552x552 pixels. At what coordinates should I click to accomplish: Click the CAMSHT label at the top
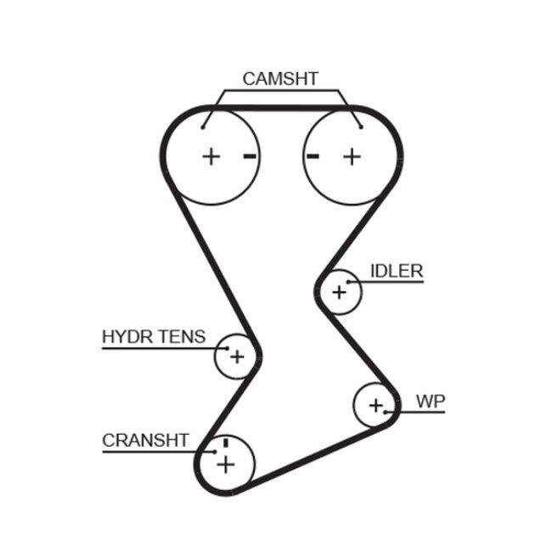(280, 79)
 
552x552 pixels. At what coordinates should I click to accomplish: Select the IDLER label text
(396, 271)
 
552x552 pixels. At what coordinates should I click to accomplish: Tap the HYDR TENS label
(154, 336)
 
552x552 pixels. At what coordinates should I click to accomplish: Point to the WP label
(431, 402)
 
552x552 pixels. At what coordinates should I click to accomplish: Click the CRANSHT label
(144, 440)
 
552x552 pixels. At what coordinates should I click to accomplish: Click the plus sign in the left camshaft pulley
(211, 155)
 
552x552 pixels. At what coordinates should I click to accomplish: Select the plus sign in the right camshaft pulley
(352, 155)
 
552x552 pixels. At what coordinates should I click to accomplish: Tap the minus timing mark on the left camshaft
(249, 155)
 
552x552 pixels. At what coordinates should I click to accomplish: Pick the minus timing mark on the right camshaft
(313, 155)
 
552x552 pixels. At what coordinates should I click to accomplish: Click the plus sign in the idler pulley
(340, 292)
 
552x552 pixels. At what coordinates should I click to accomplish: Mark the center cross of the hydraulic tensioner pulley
(236, 357)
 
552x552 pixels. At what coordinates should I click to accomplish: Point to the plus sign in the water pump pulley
(376, 406)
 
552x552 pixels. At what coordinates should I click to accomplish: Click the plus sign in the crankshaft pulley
(225, 464)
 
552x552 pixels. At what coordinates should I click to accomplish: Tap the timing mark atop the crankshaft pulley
(225, 442)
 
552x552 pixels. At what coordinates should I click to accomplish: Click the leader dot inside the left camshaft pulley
(203, 127)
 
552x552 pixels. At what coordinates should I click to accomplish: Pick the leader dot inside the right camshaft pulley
(360, 127)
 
